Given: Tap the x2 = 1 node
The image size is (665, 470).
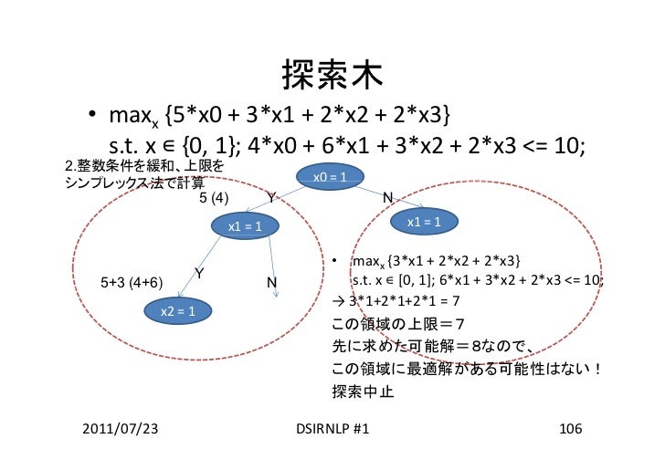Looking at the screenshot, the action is click(179, 312).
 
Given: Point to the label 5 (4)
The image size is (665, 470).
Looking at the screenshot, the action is click(214, 198).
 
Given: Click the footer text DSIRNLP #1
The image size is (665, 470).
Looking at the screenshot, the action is click(332, 428).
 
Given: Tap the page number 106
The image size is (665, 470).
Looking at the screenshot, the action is click(570, 428).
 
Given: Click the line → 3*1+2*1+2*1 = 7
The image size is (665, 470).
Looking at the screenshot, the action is click(398, 300).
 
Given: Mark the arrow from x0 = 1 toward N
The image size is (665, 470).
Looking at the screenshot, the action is click(375, 194).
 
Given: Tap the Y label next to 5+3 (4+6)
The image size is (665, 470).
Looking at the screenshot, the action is click(199, 273).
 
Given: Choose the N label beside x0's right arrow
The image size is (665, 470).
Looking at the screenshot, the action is click(387, 198).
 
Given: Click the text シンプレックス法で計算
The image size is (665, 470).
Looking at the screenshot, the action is click(134, 181).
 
